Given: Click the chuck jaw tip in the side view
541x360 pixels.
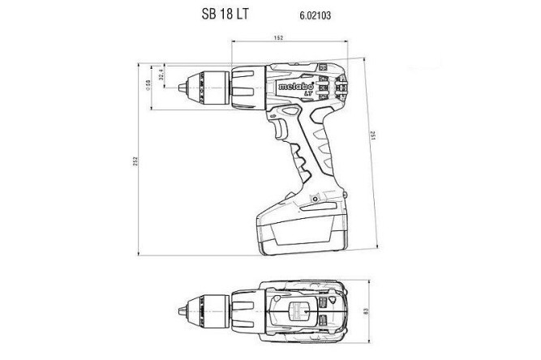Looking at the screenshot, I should [x=184, y=84].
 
